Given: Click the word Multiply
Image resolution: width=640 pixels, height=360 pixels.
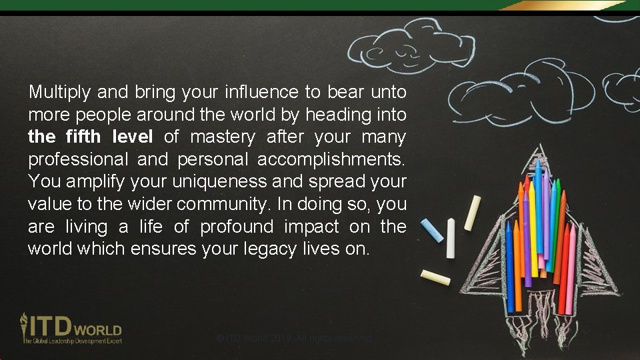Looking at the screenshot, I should [59, 91].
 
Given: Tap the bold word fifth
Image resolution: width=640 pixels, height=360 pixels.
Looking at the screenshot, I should [84, 137].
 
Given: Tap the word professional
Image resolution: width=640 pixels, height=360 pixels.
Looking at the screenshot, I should [79, 160].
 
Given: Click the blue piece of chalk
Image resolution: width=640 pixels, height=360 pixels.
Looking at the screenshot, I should [431, 229].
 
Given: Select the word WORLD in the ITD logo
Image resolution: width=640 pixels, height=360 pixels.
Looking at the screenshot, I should [98, 330].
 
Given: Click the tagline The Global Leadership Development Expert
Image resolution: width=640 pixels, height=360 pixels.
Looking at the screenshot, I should [73, 341].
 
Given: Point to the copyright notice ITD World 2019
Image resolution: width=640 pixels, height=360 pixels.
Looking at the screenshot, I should [294, 339].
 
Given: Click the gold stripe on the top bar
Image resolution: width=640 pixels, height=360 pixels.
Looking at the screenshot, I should [560, 5].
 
